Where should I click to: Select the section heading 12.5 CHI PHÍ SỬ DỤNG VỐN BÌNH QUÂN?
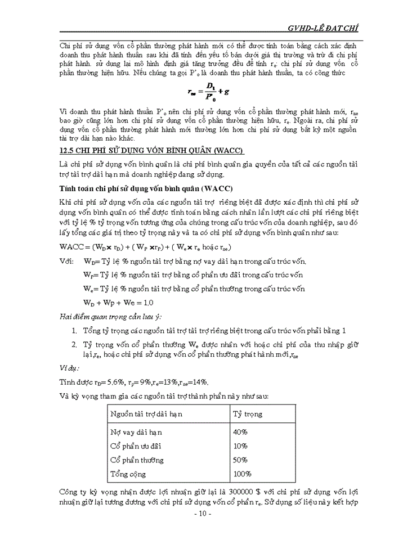pyautogui.click(x=152, y=151)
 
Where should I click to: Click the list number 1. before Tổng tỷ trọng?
pyautogui.click(x=75, y=330)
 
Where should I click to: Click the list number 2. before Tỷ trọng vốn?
pyautogui.click(x=75, y=344)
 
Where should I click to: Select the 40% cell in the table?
pyautogui.click(x=241, y=432)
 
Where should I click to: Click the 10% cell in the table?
pyautogui.click(x=240, y=446)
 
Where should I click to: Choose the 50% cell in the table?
pyautogui.click(x=241, y=460)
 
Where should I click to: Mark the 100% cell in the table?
pyautogui.click(x=242, y=474)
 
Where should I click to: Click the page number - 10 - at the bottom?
pyautogui.click(x=202, y=514)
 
